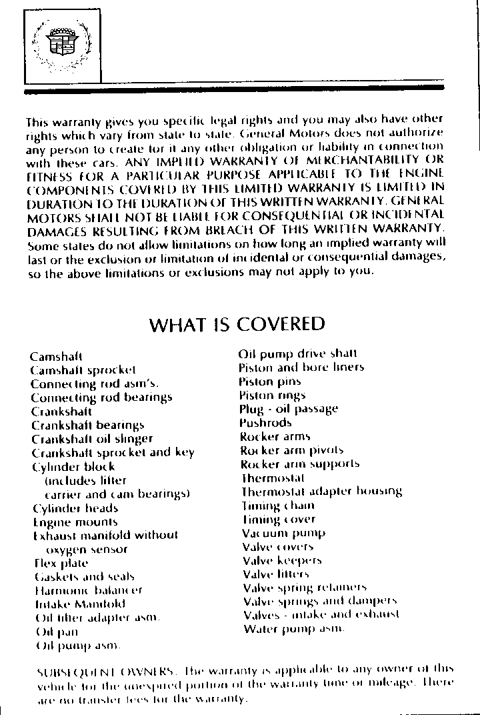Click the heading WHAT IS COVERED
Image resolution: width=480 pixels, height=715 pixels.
[237, 324]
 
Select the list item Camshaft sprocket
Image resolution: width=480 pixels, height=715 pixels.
[83, 370]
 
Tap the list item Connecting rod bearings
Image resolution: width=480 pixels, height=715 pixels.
[101, 397]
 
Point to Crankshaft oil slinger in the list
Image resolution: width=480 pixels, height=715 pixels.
[93, 438]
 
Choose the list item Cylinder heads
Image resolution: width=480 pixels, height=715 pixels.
[75, 508]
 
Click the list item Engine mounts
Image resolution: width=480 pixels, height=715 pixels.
[75, 522]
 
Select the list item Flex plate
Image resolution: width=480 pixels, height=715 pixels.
[61, 563]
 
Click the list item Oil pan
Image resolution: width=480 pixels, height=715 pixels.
[56, 631]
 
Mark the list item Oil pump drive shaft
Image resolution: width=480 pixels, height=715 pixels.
[298, 353]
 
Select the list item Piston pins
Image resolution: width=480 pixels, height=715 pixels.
[269, 381]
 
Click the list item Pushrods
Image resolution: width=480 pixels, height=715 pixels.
[265, 423]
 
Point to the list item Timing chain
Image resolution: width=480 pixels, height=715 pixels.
[277, 506]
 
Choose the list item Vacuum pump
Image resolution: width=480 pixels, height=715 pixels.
[283, 533]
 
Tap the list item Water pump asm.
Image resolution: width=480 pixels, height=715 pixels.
[293, 629]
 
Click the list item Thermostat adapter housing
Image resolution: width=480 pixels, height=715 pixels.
[321, 492]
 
